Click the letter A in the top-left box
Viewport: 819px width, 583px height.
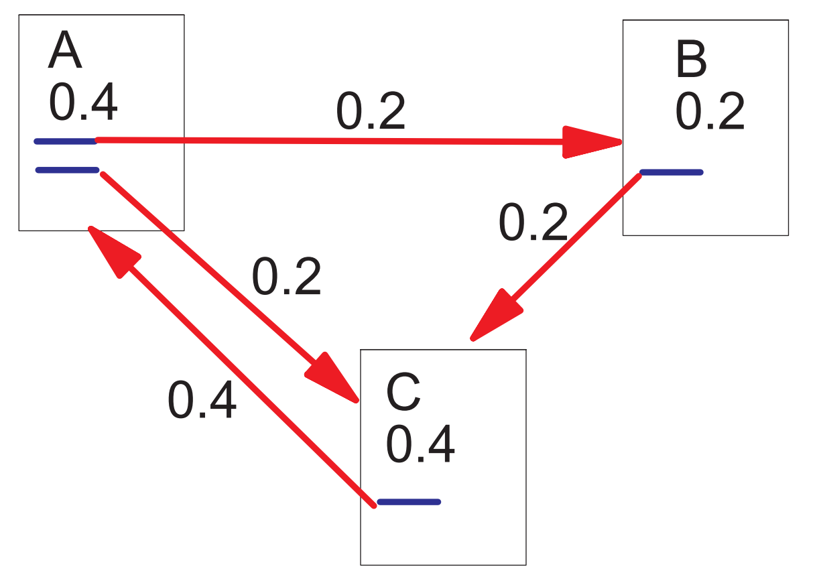coord(65,50)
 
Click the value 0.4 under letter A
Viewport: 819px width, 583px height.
coord(83,102)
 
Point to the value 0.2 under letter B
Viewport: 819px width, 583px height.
coord(710,111)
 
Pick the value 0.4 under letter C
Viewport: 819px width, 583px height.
coord(420,444)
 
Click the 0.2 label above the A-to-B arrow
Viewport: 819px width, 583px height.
coord(371,111)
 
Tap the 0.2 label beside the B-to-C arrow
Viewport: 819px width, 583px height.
coord(533,222)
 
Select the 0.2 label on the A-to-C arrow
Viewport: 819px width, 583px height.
coord(286,276)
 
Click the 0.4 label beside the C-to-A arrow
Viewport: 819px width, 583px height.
coord(202,399)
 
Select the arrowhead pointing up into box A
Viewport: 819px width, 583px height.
coord(113,251)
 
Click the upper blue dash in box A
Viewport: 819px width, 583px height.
coord(66,141)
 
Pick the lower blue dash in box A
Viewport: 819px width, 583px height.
coord(67,170)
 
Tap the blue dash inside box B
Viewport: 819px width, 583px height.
coord(672,172)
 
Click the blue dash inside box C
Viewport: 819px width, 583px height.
coord(409,502)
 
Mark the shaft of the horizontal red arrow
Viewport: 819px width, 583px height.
coord(329,141)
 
